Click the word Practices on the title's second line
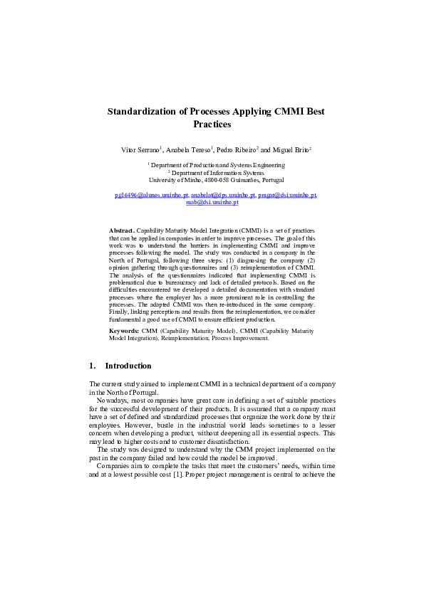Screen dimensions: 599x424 [x=212, y=124]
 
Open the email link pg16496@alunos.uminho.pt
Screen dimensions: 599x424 [x=151, y=194]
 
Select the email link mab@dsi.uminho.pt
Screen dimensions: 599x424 [x=212, y=202]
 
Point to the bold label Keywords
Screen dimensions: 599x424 [x=124, y=331]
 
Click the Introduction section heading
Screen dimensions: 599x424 [x=128, y=366]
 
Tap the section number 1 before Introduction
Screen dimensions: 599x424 [x=92, y=366]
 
